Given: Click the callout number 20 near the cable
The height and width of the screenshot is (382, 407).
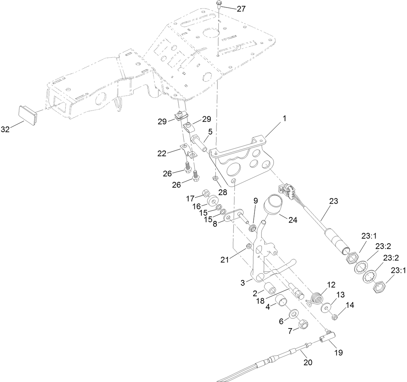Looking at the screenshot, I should (x=308, y=362).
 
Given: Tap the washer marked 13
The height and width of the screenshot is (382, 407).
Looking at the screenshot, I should (x=326, y=307).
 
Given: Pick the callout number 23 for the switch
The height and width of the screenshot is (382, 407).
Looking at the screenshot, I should (x=333, y=201).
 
